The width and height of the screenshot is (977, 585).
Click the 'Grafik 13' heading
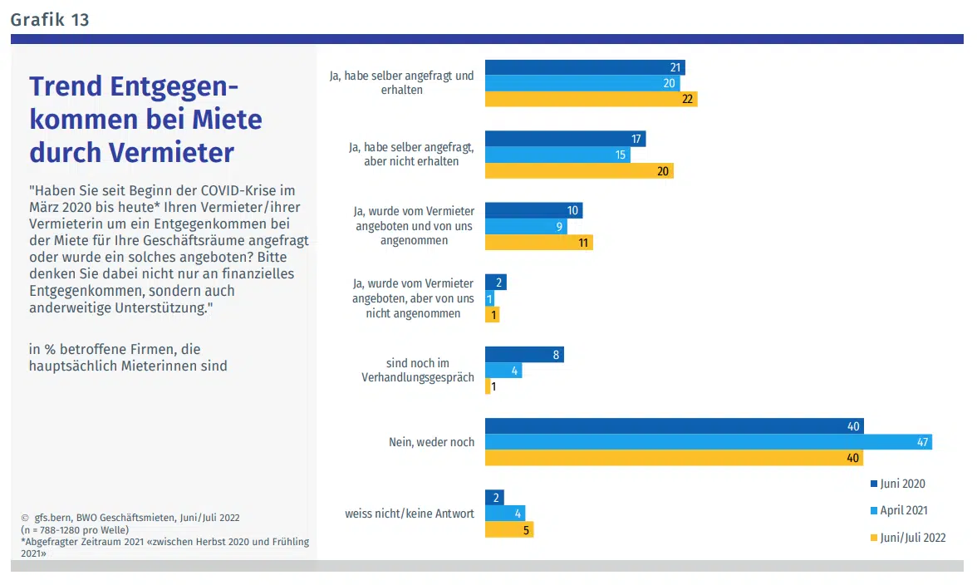50,19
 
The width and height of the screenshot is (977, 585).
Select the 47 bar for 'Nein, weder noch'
708,442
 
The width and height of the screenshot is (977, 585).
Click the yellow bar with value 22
591,99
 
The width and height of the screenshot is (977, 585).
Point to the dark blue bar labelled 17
565,139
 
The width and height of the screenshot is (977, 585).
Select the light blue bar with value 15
557,155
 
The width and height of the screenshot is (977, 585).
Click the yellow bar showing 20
579,170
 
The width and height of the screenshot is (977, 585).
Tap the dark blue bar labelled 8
524,355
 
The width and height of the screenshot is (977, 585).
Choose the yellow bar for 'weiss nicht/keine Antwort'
509,529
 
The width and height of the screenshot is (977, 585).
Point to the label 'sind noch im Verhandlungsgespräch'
418,371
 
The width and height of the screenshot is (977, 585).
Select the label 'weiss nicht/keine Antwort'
410,514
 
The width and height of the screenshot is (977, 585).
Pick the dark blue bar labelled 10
533,210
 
